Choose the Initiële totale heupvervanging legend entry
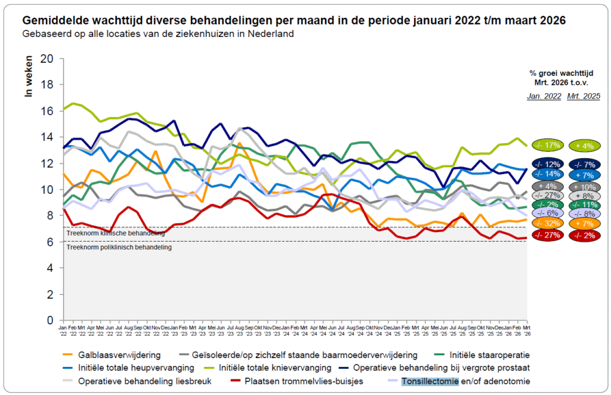point(137,368)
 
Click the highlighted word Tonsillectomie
point(430,381)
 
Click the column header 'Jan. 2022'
point(543,96)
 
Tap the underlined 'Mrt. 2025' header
point(584,96)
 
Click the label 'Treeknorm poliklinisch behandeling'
point(119,246)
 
